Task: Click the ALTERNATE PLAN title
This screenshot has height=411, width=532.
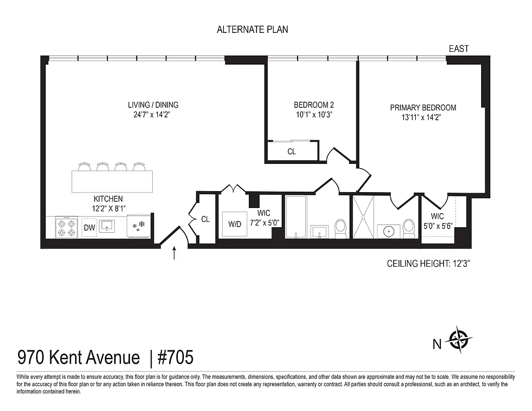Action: point(252,29)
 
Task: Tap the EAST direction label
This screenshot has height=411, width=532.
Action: point(458,49)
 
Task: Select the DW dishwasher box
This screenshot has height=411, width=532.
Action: point(89,227)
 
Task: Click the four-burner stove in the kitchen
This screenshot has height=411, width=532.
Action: point(66,227)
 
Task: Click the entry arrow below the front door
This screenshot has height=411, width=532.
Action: point(174,253)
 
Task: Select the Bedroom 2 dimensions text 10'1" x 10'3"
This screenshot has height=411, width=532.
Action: point(314,115)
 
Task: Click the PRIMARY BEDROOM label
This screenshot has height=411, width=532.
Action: point(423,107)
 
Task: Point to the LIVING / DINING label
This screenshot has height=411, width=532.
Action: point(153,105)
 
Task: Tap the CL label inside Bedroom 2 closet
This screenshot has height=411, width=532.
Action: point(291,152)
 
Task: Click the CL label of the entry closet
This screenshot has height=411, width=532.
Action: point(206,219)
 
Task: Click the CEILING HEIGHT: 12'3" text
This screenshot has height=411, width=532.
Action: point(429,264)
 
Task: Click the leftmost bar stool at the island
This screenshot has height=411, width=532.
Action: point(84,166)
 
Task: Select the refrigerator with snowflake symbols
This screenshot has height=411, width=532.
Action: point(139,227)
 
